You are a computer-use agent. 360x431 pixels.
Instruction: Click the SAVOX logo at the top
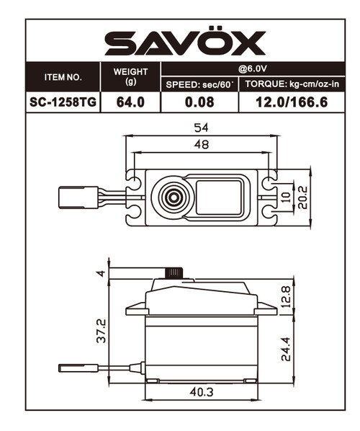click(x=185, y=43)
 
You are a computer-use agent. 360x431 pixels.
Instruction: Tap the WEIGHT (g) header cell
click(x=130, y=76)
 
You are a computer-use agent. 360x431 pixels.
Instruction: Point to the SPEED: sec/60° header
click(x=199, y=84)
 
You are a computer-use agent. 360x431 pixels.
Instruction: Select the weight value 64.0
click(x=130, y=102)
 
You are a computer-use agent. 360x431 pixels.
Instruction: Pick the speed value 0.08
click(x=199, y=102)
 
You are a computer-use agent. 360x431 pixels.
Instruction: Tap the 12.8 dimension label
click(x=286, y=296)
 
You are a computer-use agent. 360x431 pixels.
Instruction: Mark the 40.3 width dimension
click(x=202, y=394)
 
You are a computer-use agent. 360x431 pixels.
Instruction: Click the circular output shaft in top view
click(x=173, y=196)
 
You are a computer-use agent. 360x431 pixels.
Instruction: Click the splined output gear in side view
click(x=173, y=272)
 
